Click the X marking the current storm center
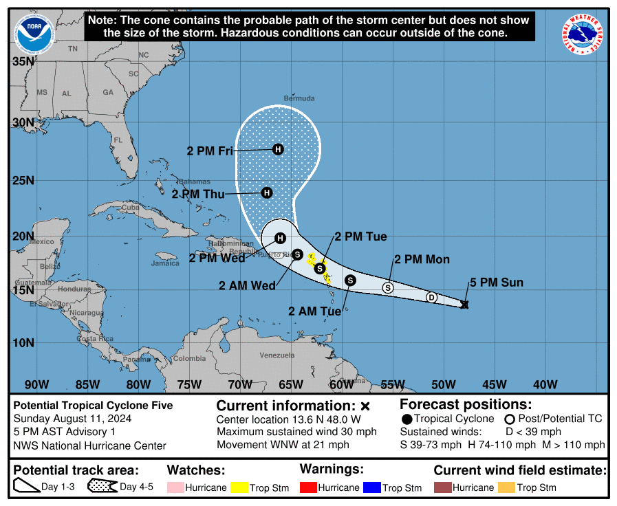click(x=464, y=304)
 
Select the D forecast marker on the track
click(x=431, y=298)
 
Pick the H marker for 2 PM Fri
click(x=278, y=149)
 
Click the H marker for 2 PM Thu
click(x=267, y=193)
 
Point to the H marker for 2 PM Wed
click(x=280, y=239)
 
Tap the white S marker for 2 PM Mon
click(x=388, y=288)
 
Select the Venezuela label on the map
click(x=276, y=355)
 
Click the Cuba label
click(x=130, y=208)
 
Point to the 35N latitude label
click(x=23, y=62)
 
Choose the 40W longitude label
click(x=545, y=384)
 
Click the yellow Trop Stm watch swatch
click(x=239, y=487)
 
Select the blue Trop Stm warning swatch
click(x=372, y=487)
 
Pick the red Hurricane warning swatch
click(x=308, y=487)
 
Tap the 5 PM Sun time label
click(x=497, y=283)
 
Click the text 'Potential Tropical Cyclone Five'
click(x=93, y=406)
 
